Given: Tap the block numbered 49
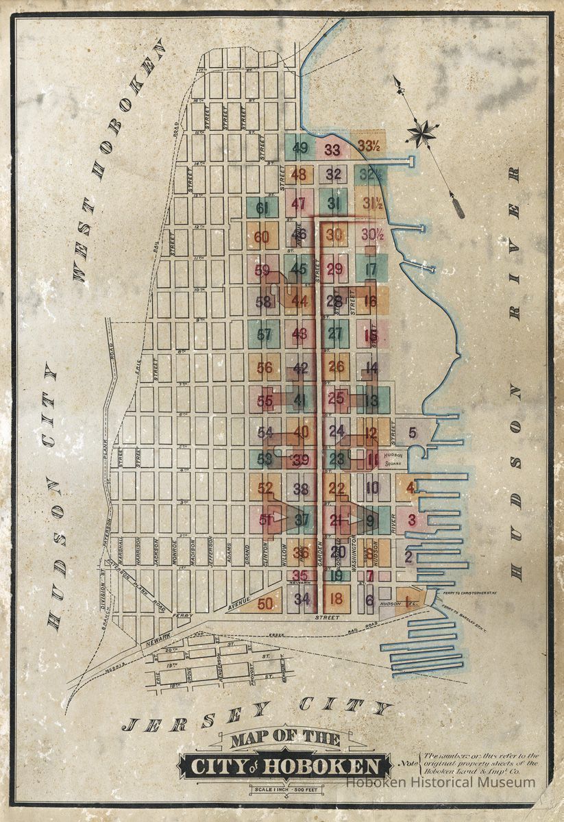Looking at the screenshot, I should tap(299, 147).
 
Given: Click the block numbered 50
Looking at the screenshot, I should tap(265, 603).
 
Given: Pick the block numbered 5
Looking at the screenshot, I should tap(412, 432).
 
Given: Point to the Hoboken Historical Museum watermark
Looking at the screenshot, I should tap(440, 782).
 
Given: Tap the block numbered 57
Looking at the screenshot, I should tap(264, 335).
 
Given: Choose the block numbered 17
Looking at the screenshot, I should tap(371, 269).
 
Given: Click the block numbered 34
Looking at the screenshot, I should tap(302, 599).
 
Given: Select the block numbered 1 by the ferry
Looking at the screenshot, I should tap(409, 601).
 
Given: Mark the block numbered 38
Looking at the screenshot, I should tap(301, 489).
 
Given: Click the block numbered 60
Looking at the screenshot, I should tap(261, 238).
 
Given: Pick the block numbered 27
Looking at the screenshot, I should tap(335, 334).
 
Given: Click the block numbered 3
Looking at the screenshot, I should tap(411, 519).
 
